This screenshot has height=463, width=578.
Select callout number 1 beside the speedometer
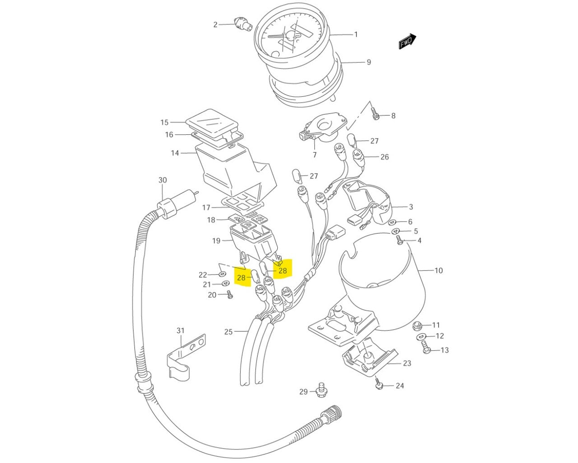coord(356,34)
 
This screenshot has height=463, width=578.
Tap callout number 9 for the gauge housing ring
coord(369,62)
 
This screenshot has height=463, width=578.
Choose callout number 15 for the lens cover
coord(164,123)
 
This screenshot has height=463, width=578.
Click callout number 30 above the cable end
coord(163,180)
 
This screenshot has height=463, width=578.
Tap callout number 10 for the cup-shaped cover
coord(438,270)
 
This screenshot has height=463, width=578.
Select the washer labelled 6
coord(392,222)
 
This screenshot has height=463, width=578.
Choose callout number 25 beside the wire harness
coord(228,332)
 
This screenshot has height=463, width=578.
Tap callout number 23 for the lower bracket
coord(407,363)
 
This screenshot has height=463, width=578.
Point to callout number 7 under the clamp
coord(315,155)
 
